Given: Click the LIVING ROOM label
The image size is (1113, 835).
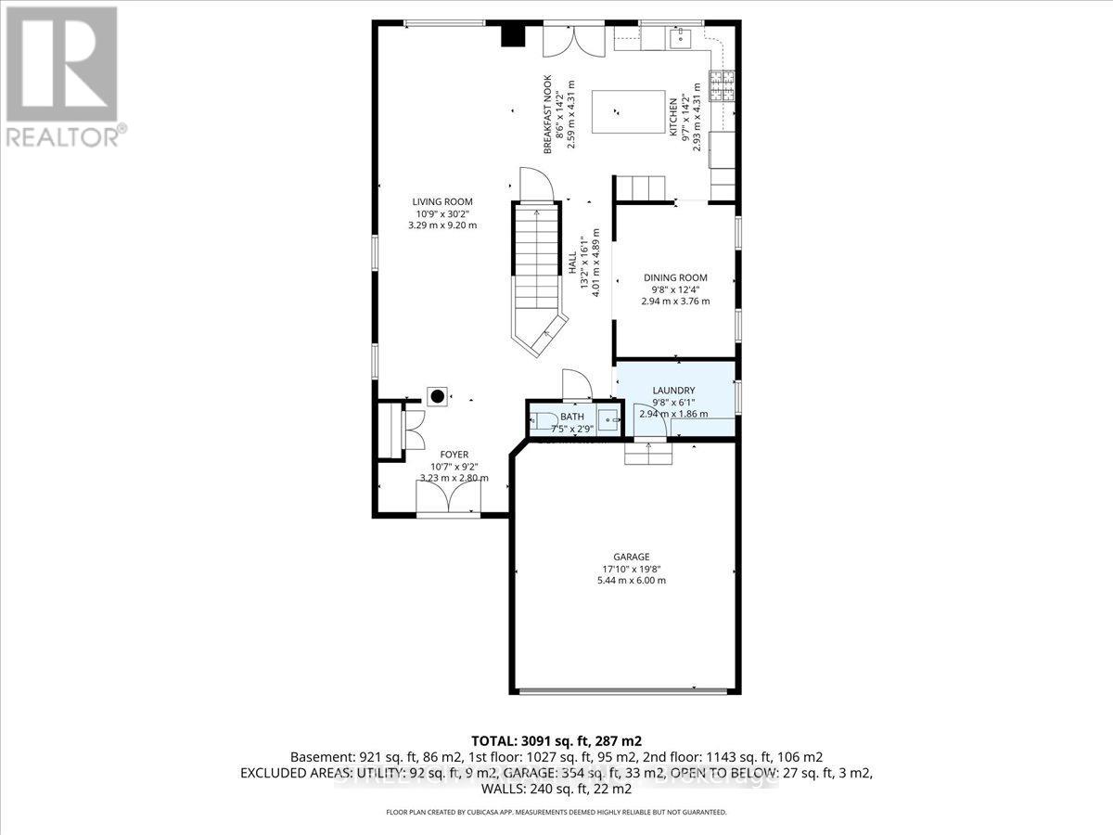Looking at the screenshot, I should (x=442, y=201).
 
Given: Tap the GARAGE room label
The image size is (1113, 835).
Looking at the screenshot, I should (x=630, y=557).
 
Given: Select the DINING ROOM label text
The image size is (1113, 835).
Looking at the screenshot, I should (x=675, y=277).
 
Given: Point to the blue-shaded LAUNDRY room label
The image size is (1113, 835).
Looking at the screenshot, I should (x=673, y=391).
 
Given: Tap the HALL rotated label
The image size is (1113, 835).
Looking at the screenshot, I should (x=572, y=265).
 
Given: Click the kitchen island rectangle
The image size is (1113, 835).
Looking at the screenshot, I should (x=628, y=112).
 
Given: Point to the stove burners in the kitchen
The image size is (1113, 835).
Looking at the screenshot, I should (x=721, y=86).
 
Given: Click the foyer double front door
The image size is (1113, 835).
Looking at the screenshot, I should (x=449, y=502).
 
